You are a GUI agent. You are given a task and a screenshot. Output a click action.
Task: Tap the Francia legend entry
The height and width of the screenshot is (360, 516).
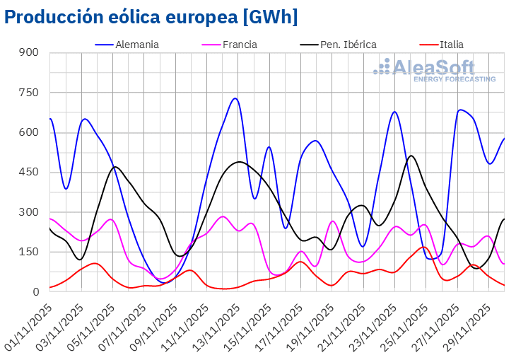[x=240, y=45]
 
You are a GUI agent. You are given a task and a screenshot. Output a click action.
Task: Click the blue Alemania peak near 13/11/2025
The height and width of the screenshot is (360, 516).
[x=235, y=98]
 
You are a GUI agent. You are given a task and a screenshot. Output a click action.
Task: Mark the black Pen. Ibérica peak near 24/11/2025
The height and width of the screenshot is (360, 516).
[x=411, y=156]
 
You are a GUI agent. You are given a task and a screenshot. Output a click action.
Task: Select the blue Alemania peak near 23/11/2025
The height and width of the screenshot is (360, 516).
[x=394, y=112]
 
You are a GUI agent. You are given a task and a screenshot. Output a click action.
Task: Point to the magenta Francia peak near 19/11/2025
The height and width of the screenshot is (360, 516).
[x=333, y=221]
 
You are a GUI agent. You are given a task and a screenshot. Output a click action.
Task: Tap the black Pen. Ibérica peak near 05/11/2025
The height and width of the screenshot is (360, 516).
[x=116, y=167]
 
